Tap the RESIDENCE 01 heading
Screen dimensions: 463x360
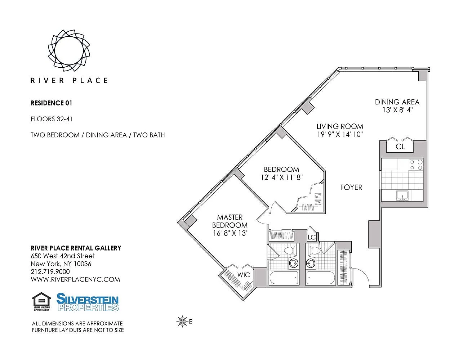tap(52, 103)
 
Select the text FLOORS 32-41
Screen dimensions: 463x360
tap(52, 119)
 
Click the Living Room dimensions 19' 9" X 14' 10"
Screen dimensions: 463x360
tap(340, 134)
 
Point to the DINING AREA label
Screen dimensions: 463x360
tap(397, 102)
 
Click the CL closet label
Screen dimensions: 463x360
tap(400, 147)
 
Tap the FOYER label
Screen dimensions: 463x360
tap(351, 187)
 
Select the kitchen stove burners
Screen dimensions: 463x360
tap(416, 165)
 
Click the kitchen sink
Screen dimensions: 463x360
tap(402, 195)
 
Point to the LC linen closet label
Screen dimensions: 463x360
tap(312, 237)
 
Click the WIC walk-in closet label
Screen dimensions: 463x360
tap(244, 275)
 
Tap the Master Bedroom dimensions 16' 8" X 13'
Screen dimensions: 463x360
tap(230, 233)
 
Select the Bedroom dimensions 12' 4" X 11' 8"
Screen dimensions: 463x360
tap(282, 177)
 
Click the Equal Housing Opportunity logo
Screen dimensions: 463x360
tap(41, 302)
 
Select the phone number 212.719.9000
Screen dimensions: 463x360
tap(50, 272)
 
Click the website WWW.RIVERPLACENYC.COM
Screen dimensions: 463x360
tap(75, 279)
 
